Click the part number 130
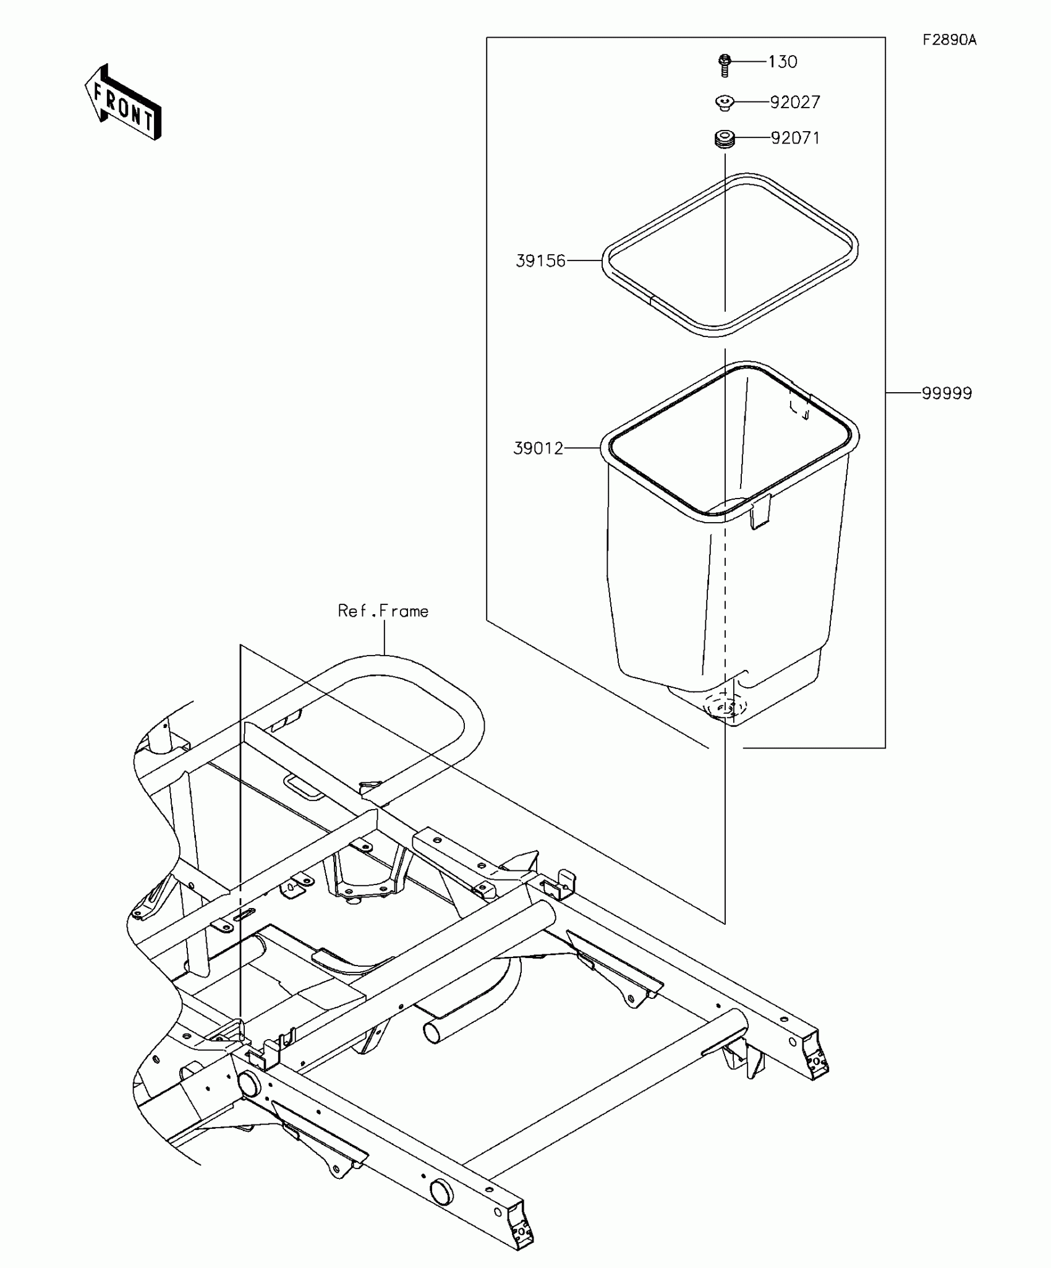(x=783, y=62)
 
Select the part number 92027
(x=795, y=102)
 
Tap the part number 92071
(x=796, y=138)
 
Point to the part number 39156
(x=541, y=261)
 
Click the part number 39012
(x=538, y=448)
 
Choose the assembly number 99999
(x=947, y=393)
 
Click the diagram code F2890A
(x=950, y=40)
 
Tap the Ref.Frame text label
(x=383, y=611)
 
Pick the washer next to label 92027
(x=725, y=103)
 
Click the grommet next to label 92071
(x=725, y=139)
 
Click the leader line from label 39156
(x=584, y=261)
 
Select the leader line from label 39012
(x=582, y=447)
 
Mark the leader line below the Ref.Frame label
(x=385, y=638)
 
